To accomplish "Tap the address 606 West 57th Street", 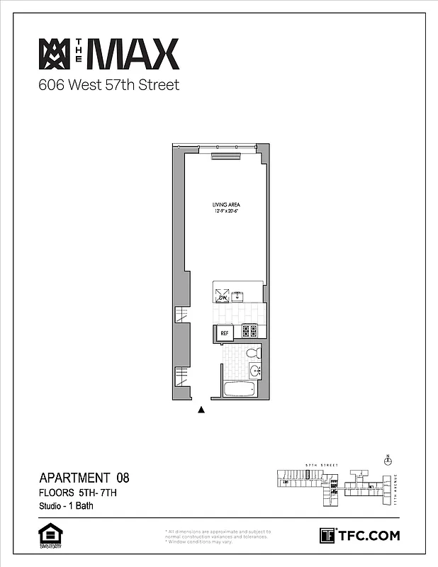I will coord(108,86).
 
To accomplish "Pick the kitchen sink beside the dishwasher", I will coord(239,296).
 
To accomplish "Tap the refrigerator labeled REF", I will coord(225,332).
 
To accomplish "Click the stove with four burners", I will coord(249,330).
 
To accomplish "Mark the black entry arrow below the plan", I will coord(201,409).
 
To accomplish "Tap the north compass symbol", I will coord(388,461).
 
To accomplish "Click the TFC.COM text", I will coord(369,535).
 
